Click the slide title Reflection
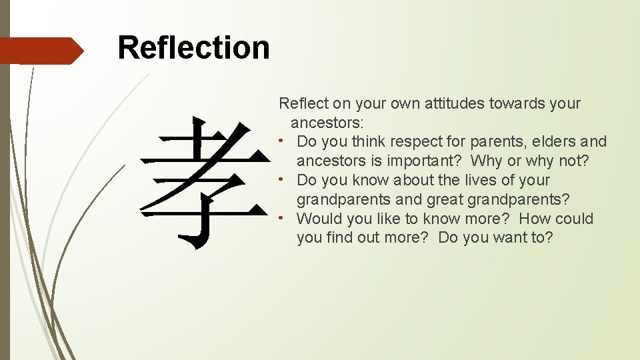pos(193,48)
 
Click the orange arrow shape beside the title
pos(41,51)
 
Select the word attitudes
pos(453,103)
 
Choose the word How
pos(535,219)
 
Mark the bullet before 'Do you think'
pos(283,141)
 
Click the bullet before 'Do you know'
pos(283,179)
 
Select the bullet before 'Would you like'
pos(283,218)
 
